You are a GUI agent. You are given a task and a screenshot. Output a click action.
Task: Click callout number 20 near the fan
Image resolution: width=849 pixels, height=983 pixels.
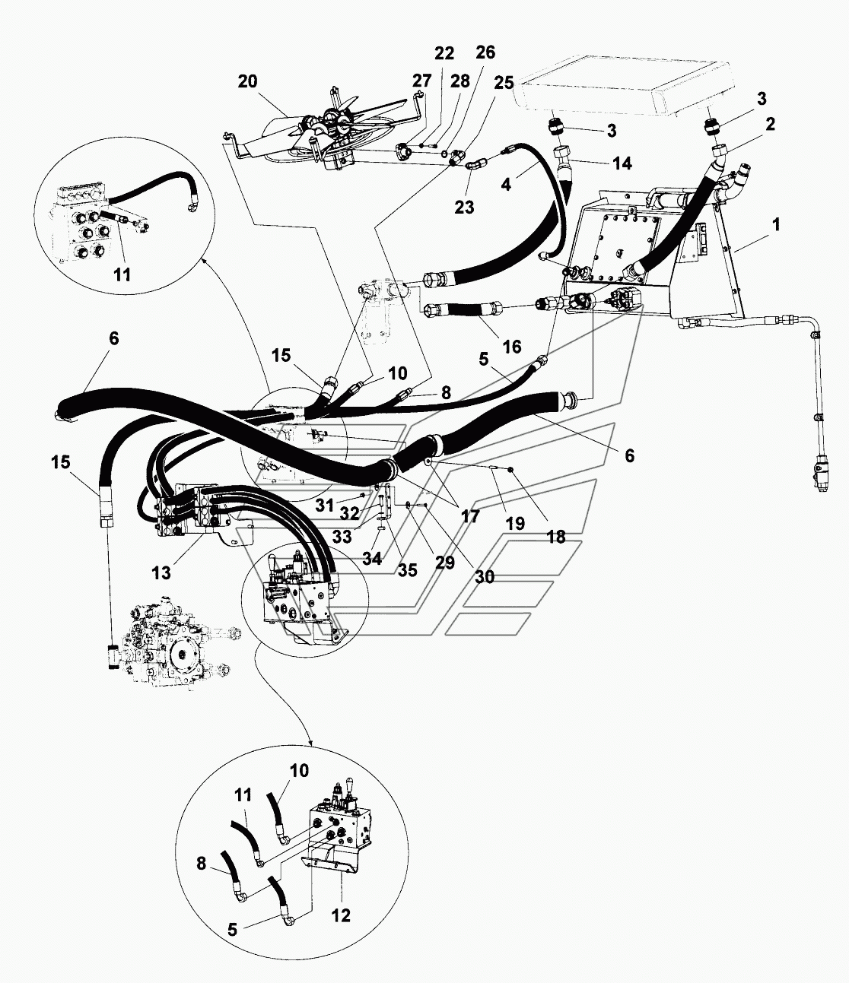pos(247,82)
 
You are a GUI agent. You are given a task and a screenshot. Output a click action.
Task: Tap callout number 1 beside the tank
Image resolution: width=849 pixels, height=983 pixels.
pos(776,224)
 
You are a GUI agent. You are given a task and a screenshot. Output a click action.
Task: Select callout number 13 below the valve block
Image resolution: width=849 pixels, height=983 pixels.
pos(161,573)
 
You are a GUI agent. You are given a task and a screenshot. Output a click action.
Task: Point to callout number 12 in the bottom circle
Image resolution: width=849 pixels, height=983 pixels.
pos(341,915)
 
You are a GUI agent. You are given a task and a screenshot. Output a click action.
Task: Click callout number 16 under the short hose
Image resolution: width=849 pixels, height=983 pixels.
pos(512,347)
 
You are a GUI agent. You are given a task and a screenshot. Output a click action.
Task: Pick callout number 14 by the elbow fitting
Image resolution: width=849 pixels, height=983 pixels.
pos(622,163)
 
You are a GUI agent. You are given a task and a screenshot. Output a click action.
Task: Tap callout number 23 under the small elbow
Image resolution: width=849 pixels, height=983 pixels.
pos(465,207)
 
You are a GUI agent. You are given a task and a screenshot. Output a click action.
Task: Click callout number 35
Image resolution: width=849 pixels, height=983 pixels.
pos(407,570)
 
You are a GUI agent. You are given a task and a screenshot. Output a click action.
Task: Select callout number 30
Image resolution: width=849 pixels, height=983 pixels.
pos(485,577)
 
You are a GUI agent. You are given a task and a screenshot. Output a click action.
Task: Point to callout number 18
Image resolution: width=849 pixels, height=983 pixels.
pos(556,537)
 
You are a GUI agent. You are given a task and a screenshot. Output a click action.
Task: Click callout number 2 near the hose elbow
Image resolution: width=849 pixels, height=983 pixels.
pos(771,125)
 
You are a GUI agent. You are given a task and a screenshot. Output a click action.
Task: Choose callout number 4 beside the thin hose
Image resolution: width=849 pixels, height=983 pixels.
pos(506,184)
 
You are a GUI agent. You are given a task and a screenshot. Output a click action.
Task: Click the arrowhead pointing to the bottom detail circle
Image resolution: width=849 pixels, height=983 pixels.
pos(310,743)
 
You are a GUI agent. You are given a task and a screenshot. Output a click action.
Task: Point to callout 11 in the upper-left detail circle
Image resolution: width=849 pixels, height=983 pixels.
pos(122,274)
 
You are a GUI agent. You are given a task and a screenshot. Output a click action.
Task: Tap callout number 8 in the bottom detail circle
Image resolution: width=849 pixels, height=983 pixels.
pos(201,863)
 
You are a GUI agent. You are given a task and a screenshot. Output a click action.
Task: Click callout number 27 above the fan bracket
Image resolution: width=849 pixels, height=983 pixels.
pos(421,81)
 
